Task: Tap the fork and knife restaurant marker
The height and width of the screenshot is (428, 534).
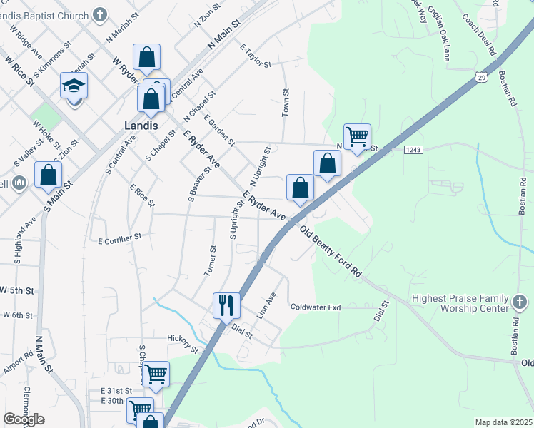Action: pos(226,305)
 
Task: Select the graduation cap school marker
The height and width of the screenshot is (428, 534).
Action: pos(74,86)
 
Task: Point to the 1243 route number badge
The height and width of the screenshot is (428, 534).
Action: pos(413,149)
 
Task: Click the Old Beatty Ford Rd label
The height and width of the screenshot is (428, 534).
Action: pos(331,253)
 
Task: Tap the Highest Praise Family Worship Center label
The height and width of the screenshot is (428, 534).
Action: pos(460,304)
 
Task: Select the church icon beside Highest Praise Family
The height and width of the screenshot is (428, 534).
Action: pos(520,305)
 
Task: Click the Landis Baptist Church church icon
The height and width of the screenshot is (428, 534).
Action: pos(99,14)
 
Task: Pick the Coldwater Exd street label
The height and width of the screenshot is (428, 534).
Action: pos(316,307)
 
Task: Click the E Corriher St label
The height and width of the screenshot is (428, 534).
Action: pos(120,238)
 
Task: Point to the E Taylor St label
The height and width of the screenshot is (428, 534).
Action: pos(256,57)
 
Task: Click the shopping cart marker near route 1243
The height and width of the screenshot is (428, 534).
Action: pos(356,136)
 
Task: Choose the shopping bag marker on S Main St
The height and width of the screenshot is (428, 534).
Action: pos(48,175)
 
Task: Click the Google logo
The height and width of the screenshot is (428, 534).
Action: pos(24,419)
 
